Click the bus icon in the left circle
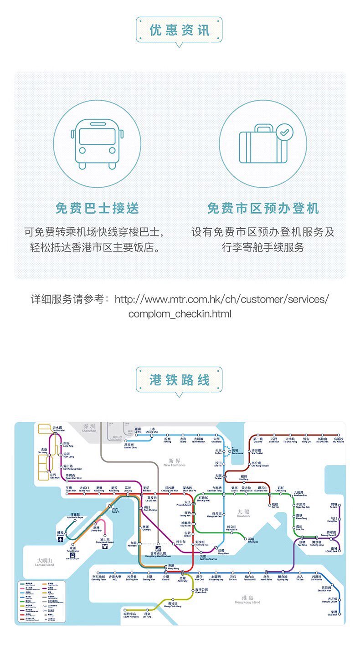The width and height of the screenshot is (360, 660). pos(97,143)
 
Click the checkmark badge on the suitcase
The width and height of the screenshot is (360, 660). pos(285,133)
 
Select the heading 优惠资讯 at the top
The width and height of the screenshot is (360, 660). pos(179,30)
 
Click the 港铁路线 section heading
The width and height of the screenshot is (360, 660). pos(179,380)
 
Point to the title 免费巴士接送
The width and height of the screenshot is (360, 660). pos(97,209)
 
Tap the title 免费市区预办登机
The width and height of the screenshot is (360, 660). pos(263,209)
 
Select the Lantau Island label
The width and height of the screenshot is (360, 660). pos(45,562)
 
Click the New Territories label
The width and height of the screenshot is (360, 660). pos(174,463)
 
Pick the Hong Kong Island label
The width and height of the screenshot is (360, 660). pos(247,599)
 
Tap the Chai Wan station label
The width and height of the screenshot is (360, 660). pos(333,613)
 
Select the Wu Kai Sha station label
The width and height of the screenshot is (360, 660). pos(338,440)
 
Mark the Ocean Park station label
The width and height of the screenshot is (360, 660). pos(201,591)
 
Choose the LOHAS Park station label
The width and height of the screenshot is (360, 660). pos(334,550)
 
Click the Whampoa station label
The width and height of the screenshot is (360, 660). pos(253,540)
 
